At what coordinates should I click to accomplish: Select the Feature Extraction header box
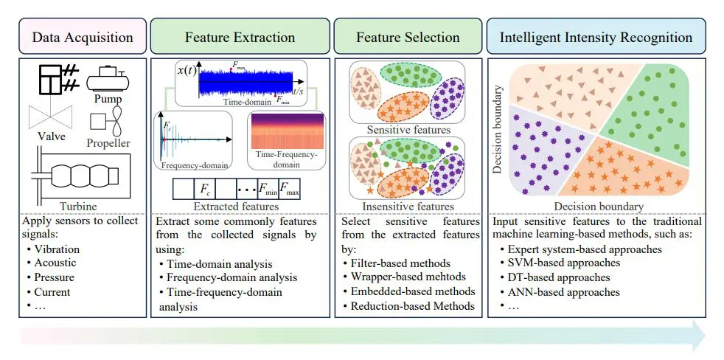(x=239, y=37)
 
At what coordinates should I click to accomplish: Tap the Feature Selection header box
(x=408, y=37)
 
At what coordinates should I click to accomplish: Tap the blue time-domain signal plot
(x=245, y=82)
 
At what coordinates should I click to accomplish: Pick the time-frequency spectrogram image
(x=286, y=131)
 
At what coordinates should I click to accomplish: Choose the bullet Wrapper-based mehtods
(x=409, y=277)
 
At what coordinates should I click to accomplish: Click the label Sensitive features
(x=407, y=130)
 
